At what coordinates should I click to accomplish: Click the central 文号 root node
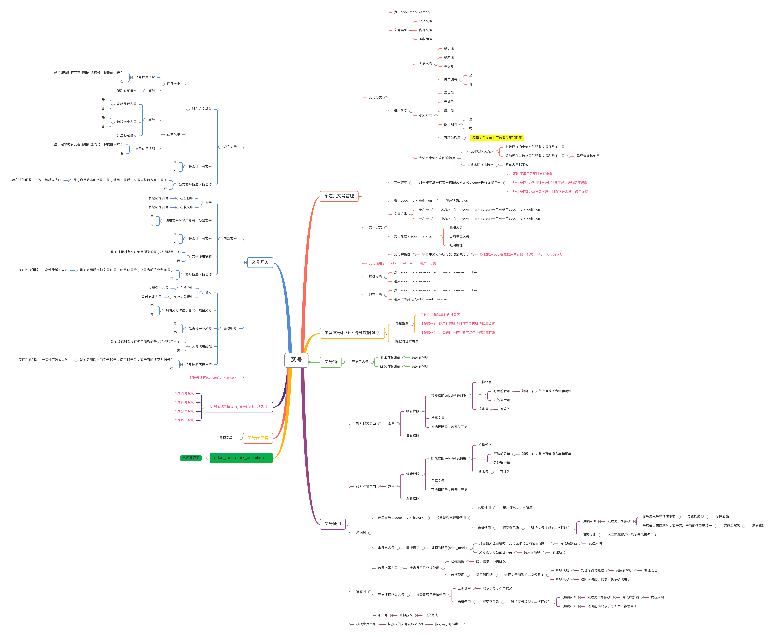pyautogui.click(x=296, y=360)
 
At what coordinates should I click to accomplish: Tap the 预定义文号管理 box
pyautogui.click(x=339, y=196)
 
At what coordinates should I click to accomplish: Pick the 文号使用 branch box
pyautogui.click(x=332, y=524)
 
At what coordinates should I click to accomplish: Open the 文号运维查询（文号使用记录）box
pyautogui.click(x=239, y=407)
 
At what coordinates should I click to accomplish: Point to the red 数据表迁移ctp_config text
pyautogui.click(x=213, y=378)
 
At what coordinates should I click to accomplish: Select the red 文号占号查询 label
pyautogui.click(x=184, y=393)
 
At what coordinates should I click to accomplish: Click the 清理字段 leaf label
pyautogui.click(x=226, y=438)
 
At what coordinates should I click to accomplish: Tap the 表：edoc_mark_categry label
pyautogui.click(x=412, y=12)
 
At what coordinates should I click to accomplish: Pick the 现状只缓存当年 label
pyautogui.click(x=406, y=342)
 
